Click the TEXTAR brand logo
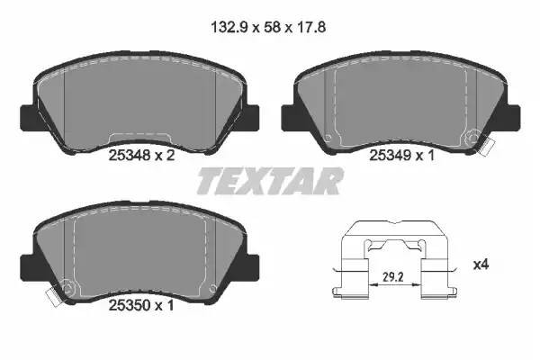pos(270,181)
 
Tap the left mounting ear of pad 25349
pos(289,116)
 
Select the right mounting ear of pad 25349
pos(514,116)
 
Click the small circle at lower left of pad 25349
pos(328,138)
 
